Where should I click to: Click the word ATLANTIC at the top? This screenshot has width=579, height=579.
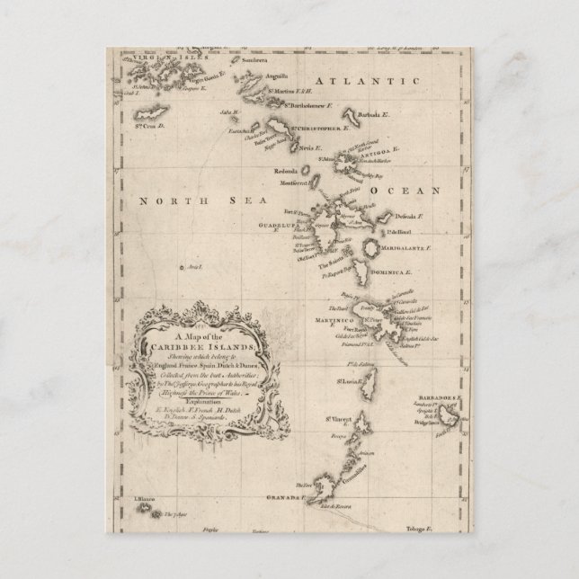pyautogui.click(x=376, y=83)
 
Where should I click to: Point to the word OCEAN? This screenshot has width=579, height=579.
pyautogui.click(x=405, y=191)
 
